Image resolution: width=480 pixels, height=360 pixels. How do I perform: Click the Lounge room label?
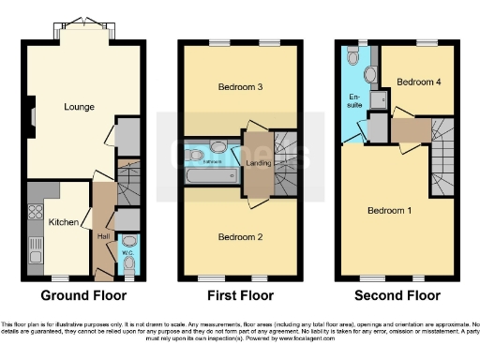click(x=79, y=107)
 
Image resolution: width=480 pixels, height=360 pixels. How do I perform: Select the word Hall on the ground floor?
click(x=102, y=236)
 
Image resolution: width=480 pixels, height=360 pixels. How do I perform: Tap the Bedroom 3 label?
click(x=241, y=87)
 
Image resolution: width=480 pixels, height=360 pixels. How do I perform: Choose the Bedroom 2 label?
click(x=241, y=236)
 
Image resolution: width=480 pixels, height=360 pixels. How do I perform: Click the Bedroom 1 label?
click(x=388, y=209)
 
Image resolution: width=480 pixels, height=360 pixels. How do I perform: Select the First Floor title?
click(x=240, y=294)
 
